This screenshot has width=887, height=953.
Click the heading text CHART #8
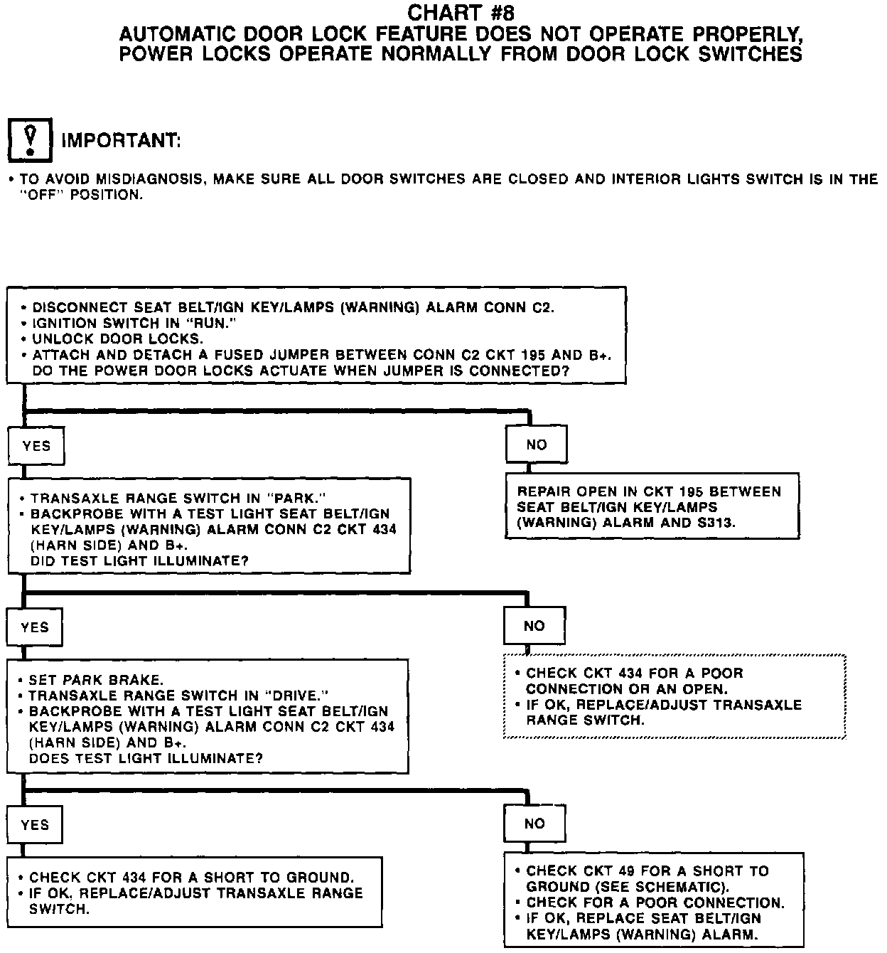tap(461, 13)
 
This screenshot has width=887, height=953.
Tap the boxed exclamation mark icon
tap(30, 139)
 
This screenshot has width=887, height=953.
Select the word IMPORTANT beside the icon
tap(121, 141)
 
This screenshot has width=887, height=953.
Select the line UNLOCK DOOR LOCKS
tap(117, 339)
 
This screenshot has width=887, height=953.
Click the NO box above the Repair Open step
tap(537, 445)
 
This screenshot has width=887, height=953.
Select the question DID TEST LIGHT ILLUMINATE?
tap(139, 560)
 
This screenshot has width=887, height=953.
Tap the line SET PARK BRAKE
tap(96, 680)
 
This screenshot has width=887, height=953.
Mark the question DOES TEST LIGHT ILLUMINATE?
tap(146, 758)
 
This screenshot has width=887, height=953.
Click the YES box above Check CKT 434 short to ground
tap(35, 825)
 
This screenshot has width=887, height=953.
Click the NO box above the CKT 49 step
tap(534, 824)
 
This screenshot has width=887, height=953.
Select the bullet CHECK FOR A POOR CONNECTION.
tap(655, 903)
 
